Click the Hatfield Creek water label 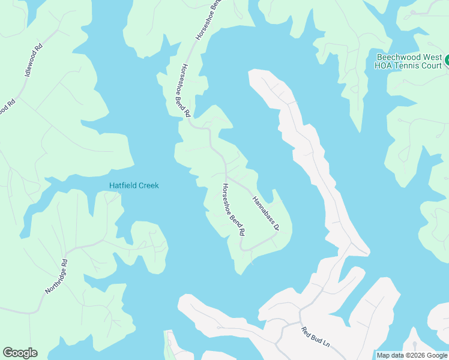(134, 185)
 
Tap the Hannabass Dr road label (266, 213)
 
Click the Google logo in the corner (20, 353)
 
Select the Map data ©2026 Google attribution (411, 355)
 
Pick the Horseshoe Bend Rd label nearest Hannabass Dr (234, 209)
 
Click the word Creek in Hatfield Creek (149, 185)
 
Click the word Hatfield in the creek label (123, 185)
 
